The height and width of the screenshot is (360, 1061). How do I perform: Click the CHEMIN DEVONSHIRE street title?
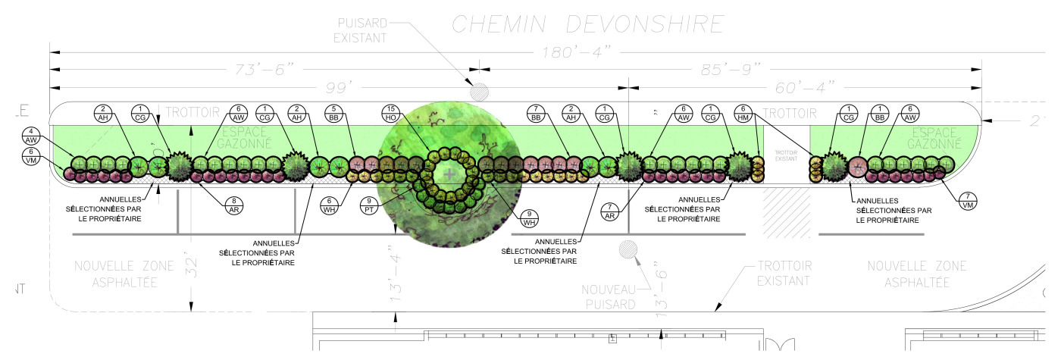tap(587, 23)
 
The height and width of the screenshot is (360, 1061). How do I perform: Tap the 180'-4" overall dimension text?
tap(576, 52)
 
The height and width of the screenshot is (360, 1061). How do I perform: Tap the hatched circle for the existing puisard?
tap(479, 92)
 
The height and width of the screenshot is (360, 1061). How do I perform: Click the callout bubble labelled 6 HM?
tap(744, 113)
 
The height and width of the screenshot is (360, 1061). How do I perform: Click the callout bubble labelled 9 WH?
tap(530, 218)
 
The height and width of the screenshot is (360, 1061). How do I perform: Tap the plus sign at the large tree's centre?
tap(450, 174)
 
